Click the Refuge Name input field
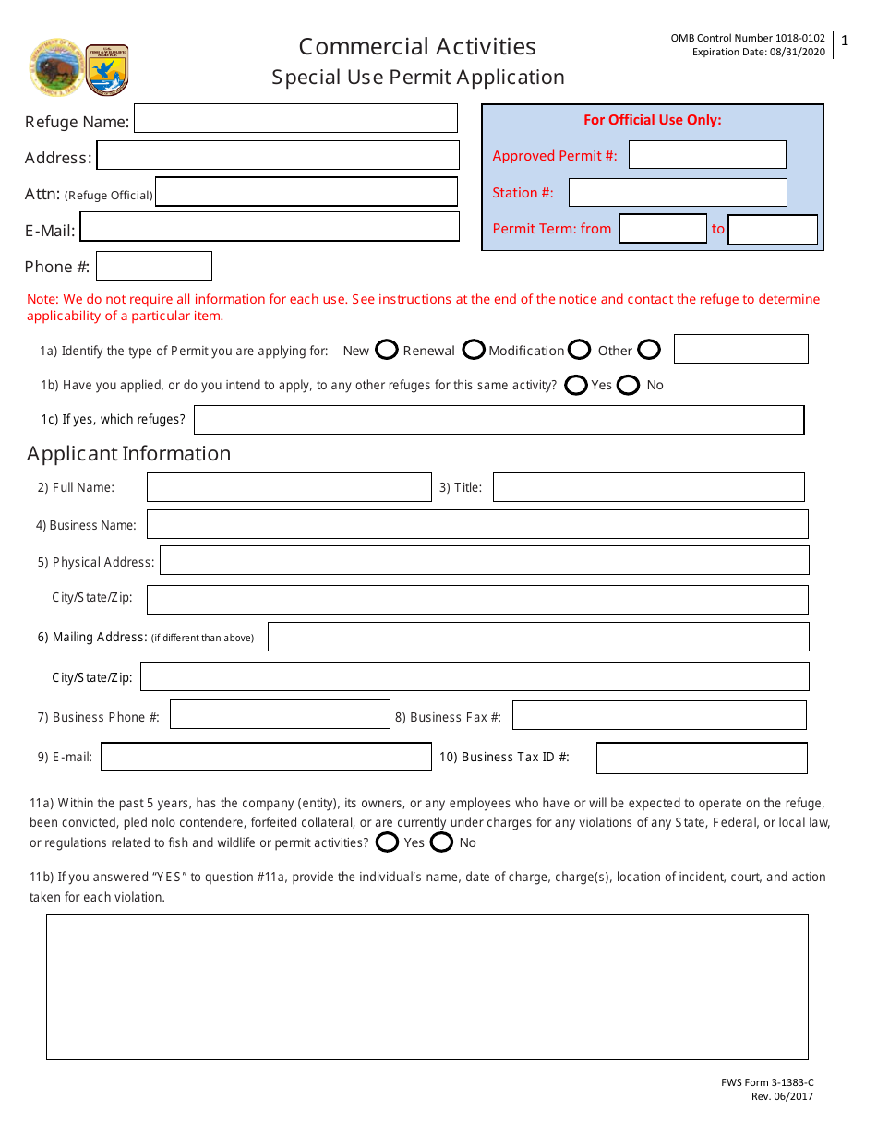296,119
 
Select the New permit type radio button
387,350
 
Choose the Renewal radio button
474,350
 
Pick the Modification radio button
580,350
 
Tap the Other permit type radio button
649,350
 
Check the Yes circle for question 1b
576,385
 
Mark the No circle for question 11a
442,842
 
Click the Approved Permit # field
707,155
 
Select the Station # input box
678,192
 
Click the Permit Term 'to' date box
773,229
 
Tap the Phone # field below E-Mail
154,266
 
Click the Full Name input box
289,487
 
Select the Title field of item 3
648,487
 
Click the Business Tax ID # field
702,758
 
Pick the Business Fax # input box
659,716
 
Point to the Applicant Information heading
128,454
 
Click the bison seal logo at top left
55,67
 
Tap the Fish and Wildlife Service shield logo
107,69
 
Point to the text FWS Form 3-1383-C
767,1083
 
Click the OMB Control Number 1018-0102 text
748,38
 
